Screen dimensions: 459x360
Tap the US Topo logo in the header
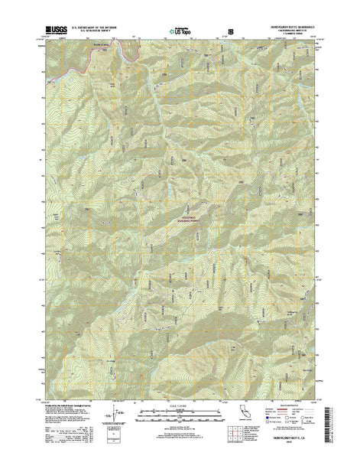click(x=182, y=31)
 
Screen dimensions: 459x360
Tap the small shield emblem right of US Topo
click(x=223, y=31)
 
